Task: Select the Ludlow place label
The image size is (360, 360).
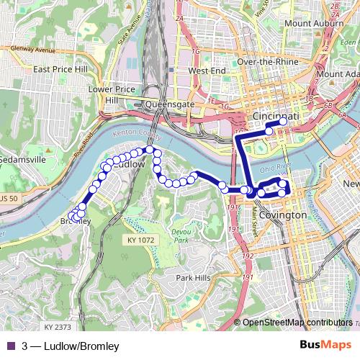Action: pyautogui.click(x=130, y=164)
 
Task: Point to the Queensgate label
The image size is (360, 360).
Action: pyautogui.click(x=170, y=104)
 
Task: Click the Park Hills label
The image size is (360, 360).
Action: pyautogui.click(x=193, y=277)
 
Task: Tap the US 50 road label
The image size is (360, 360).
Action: pyautogui.click(x=9, y=197)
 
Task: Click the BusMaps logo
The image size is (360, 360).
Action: pyautogui.click(x=325, y=346)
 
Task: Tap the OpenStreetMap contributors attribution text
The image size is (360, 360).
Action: pyautogui.click(x=297, y=323)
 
